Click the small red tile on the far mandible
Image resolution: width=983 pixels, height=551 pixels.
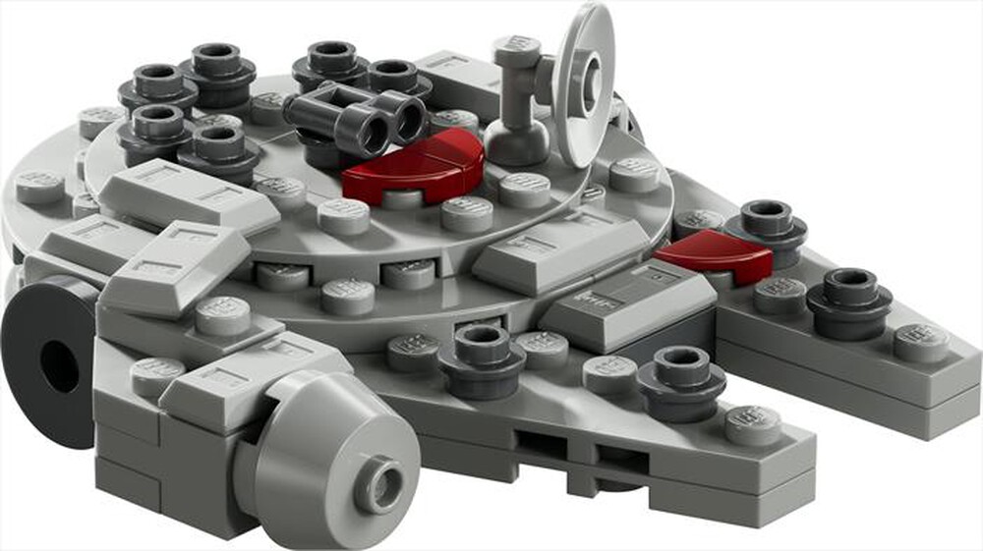pos(715,254)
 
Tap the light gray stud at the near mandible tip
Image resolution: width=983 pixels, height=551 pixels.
pos(753,423)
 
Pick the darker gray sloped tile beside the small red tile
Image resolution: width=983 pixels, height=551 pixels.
pos(629,303)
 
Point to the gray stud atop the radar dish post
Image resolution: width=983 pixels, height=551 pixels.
pos(516,52)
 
